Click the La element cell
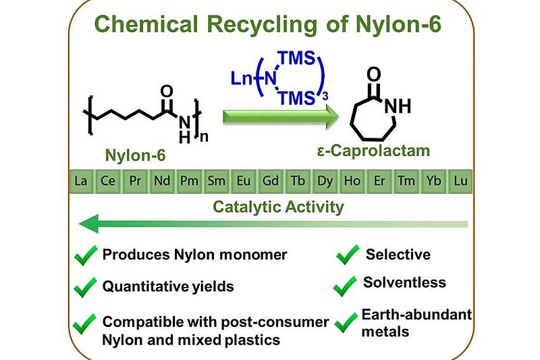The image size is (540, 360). tap(81, 181)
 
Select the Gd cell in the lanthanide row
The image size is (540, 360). tap(271, 181)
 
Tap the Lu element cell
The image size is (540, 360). tap(460, 181)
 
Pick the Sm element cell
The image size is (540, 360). tap(216, 181)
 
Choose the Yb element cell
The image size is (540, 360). tap(433, 181)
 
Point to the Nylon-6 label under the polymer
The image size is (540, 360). tap(136, 155)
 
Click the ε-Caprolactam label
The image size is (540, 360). tap(374, 151)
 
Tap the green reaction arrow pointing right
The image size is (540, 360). tap(281, 116)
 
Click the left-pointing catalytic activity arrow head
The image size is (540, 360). tap(90, 224)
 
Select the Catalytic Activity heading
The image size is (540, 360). tap(278, 207)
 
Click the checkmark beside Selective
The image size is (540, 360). tap(348, 255)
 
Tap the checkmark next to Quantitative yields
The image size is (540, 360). tap(86, 287)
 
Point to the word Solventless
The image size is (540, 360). tap(404, 282)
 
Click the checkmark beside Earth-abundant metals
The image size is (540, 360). tap(346, 322)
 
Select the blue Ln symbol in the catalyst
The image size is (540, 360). tap(242, 79)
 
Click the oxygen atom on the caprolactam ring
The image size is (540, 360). tap(374, 74)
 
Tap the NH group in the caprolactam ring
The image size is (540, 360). tap(398, 106)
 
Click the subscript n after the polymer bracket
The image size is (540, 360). tap(204, 137)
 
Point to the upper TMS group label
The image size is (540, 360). tap(297, 58)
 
